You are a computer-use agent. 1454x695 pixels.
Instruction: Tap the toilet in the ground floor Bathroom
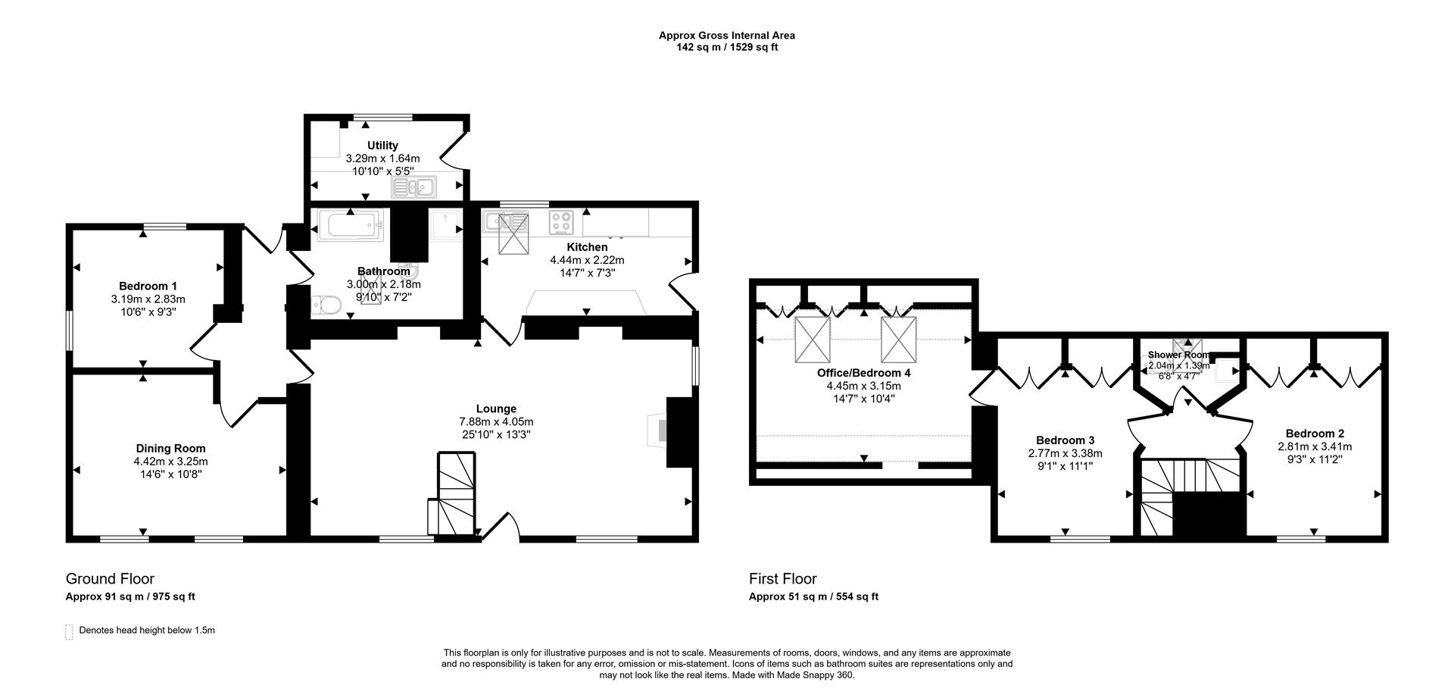[326, 305]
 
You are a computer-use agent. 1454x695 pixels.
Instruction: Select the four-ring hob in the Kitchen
[561, 222]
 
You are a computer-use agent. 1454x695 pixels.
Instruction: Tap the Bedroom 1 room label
[148, 286]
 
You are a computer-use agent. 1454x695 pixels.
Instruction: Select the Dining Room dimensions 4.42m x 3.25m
[170, 461]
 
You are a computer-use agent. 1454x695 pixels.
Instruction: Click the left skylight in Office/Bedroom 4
[812, 340]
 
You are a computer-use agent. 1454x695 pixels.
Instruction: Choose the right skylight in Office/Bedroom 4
[898, 340]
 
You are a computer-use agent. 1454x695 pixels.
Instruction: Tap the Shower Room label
[1178, 355]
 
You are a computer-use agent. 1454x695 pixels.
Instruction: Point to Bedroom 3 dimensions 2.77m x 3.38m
[1065, 453]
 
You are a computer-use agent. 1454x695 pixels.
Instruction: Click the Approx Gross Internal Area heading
[726, 35]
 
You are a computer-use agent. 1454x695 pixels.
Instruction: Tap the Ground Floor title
[110, 579]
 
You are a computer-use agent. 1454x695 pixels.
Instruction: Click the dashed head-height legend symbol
[69, 631]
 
